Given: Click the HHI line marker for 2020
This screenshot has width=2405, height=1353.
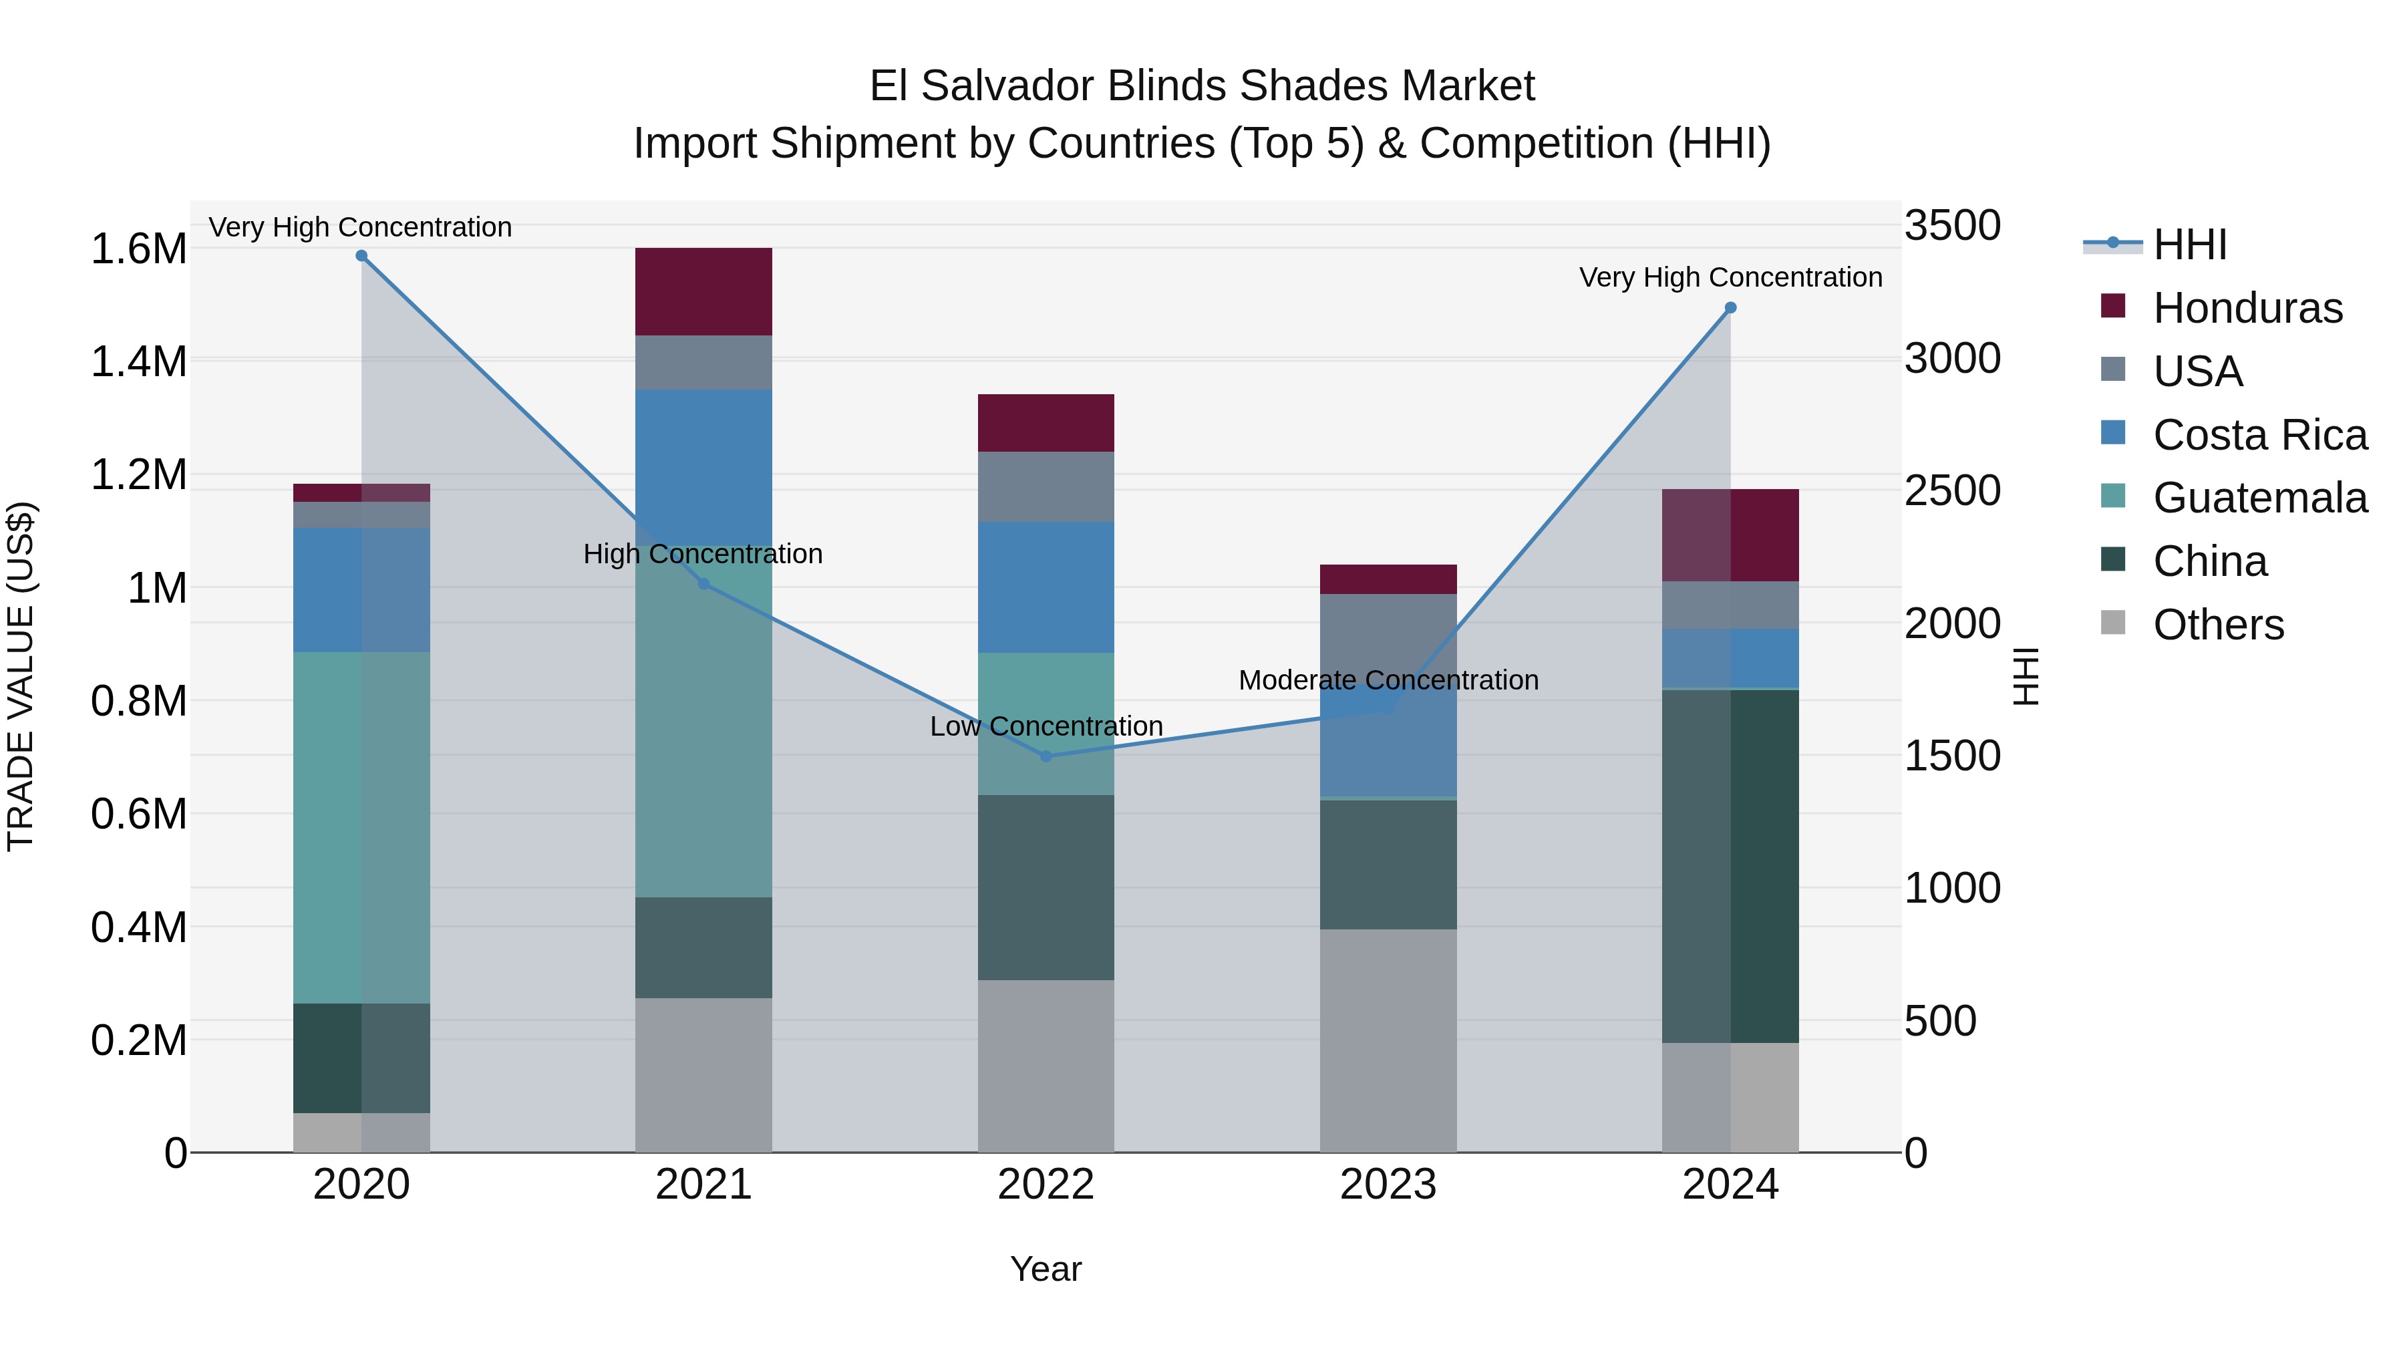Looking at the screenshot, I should coord(361,256).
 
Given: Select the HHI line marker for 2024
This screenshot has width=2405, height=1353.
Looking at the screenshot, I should coord(1730,308).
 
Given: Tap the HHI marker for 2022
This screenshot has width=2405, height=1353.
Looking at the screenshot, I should coord(1046,756).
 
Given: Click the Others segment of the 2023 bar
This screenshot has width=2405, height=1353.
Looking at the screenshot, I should coord(1388,1040).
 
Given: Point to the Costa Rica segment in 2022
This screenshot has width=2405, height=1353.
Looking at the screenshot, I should coord(1046,587).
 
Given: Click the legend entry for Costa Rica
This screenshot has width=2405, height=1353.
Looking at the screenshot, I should coord(2259,435).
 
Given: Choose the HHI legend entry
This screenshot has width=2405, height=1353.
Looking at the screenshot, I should coord(2189,245).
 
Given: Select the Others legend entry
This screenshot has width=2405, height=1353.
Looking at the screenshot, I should coord(2217,625).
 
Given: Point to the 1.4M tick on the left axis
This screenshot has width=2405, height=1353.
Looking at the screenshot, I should coord(138,362).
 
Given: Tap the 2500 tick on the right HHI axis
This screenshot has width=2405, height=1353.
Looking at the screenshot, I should coord(1952,491).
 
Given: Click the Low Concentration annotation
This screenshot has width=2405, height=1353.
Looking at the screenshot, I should coord(1046,726).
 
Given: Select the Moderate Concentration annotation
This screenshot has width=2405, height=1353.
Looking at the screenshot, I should coord(1388,681).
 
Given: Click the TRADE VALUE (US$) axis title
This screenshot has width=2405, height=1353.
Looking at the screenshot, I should coord(21,676).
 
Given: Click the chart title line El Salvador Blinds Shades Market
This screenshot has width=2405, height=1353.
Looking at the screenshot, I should coord(1202,86).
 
